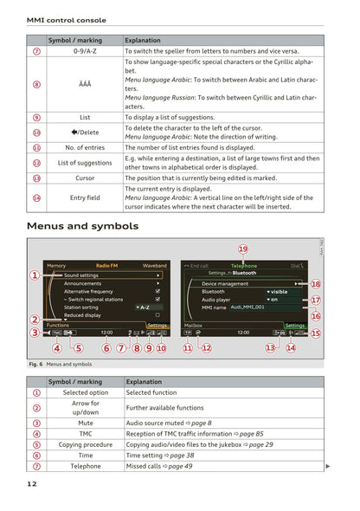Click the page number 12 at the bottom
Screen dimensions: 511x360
coord(32,484)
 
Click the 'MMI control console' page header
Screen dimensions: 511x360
coord(67,20)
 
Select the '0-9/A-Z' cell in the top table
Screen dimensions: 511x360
coord(85,52)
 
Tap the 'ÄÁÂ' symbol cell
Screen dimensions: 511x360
coord(85,84)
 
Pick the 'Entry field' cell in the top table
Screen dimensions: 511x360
coord(85,198)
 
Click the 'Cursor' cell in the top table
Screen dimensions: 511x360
coord(85,178)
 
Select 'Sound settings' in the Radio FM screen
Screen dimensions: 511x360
coord(81,275)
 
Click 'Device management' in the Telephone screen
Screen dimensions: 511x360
coord(225,283)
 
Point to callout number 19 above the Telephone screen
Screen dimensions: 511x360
coord(243,249)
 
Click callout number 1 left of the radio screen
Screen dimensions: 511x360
coord(35,275)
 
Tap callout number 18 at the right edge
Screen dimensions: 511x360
coord(316,283)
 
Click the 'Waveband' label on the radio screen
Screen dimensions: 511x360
coord(155,266)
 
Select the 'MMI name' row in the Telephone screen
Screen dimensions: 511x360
coord(215,307)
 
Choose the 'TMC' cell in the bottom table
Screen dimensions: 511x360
coord(85,434)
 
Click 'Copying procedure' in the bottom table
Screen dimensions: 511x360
coord(85,444)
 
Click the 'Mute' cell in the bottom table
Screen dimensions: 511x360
coord(85,423)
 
